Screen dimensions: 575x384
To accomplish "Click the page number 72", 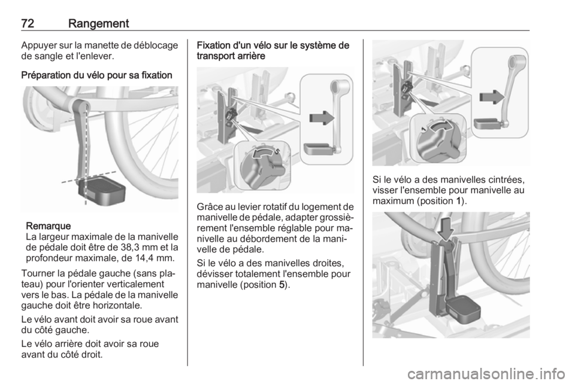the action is click(x=28, y=23).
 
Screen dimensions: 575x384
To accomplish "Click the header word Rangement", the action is click(x=98, y=24).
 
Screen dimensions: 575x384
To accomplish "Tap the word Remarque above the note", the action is click(x=49, y=225).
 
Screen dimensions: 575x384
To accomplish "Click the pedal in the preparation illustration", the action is click(x=102, y=190).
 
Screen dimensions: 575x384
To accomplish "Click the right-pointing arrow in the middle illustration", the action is click(x=322, y=118).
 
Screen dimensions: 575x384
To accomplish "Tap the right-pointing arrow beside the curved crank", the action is click(x=492, y=97).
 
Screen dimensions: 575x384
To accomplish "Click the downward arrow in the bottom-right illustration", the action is click(x=446, y=227).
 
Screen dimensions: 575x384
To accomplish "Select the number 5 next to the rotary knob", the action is click(x=277, y=151).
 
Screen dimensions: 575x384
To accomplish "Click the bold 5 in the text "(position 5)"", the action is click(x=282, y=285).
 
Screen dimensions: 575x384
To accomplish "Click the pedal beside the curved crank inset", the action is click(x=488, y=123).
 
